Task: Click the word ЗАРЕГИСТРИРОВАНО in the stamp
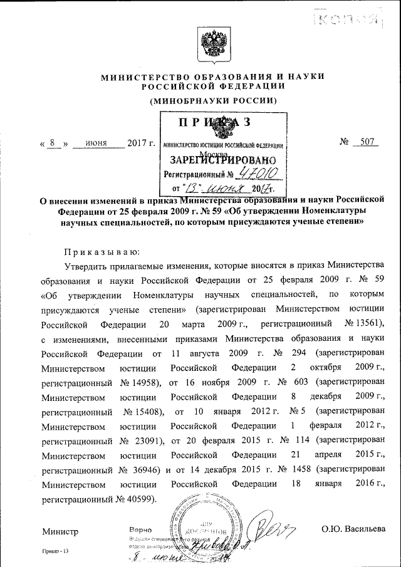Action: [223, 159]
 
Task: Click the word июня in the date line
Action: [96, 143]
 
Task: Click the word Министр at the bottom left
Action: [60, 531]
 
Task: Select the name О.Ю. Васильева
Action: [353, 529]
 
